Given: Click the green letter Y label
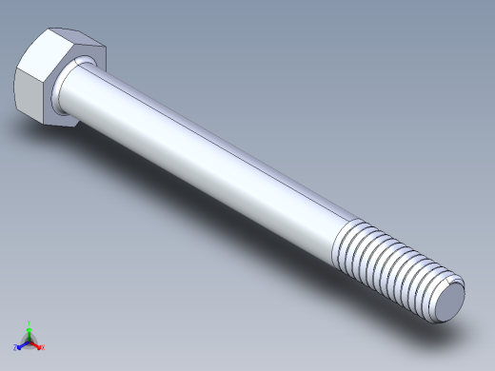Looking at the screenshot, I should (x=30, y=322).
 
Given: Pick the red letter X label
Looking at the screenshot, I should (x=43, y=347).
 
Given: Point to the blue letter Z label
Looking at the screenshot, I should (x=15, y=348).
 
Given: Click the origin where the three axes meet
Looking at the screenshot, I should (x=30, y=341).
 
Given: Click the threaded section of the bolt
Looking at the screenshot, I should (x=390, y=266).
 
